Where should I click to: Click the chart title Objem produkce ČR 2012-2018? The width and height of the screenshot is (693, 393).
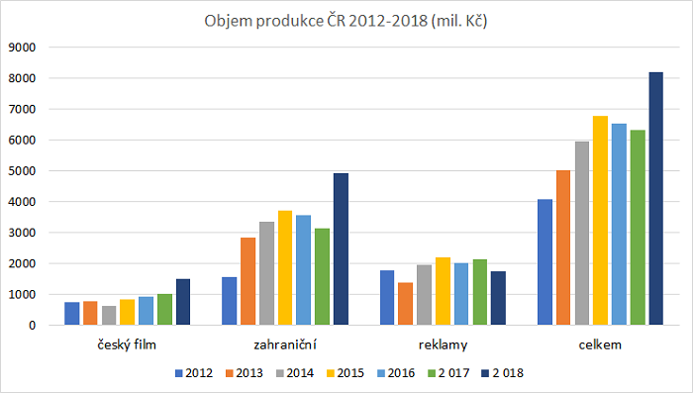346,21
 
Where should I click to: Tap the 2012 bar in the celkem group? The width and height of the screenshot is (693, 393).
544,262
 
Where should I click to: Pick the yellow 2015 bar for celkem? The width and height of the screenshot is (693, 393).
600,221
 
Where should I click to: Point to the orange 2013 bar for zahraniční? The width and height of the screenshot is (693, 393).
248,281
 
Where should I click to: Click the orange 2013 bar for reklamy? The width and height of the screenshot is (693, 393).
406,304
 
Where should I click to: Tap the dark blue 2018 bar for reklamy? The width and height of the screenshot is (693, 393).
498,298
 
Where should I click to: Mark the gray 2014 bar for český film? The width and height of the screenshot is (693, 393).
109,315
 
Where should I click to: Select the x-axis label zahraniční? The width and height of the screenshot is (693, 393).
285,344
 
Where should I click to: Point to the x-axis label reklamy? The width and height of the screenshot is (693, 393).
443,344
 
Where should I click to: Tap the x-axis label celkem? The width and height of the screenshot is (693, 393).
600,344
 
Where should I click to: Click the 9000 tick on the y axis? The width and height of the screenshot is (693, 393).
23,47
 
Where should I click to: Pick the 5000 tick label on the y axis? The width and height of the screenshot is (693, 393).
23,170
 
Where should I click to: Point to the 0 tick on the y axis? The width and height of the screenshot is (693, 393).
33,326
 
